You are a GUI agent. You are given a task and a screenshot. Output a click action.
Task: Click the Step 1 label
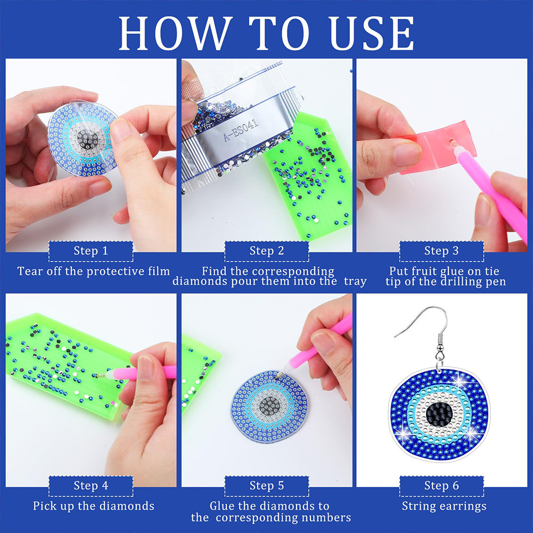(91, 251)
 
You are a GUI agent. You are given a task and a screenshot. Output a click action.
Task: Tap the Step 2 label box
(267, 251)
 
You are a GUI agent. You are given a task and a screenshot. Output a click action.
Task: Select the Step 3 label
(441, 251)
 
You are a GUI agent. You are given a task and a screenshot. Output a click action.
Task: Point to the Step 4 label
(91, 486)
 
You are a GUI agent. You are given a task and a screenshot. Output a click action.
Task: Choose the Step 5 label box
(267, 486)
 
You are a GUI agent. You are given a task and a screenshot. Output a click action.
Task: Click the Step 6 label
(441, 486)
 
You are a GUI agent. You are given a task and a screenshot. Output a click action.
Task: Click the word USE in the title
(372, 34)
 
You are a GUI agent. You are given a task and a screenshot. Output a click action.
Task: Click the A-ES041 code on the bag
(241, 130)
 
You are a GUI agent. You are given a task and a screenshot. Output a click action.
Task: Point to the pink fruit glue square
(439, 147)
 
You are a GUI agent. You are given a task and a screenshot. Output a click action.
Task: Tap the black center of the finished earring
(439, 412)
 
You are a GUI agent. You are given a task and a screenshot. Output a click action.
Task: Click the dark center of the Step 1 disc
(87, 138)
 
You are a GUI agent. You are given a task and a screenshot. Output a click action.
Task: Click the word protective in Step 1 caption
(116, 271)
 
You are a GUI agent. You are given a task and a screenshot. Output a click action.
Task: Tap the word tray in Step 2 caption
(355, 282)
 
